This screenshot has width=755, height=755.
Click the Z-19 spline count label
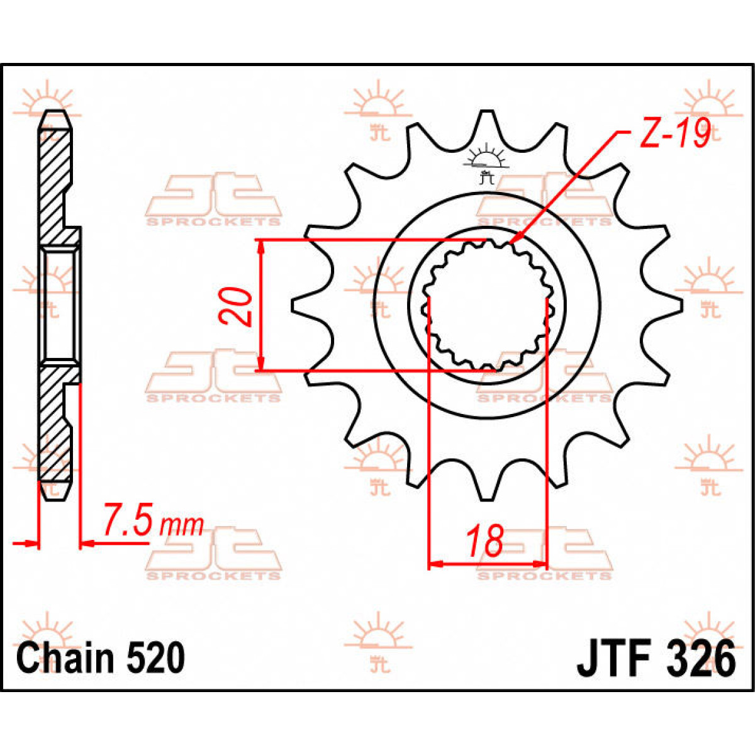(x=675, y=134)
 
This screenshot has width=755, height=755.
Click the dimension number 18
(x=485, y=541)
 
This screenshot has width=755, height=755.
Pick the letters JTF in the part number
(x=614, y=659)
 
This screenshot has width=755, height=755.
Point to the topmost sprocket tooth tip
(x=486, y=113)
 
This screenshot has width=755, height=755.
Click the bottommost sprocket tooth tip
(x=486, y=499)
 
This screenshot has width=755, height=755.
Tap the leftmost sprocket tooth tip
(x=294, y=306)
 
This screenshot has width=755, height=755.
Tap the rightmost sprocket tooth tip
(x=678, y=306)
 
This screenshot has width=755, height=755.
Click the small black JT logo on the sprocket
(x=485, y=165)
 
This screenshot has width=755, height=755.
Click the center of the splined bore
(x=486, y=306)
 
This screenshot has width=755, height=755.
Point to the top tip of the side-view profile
(x=55, y=113)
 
